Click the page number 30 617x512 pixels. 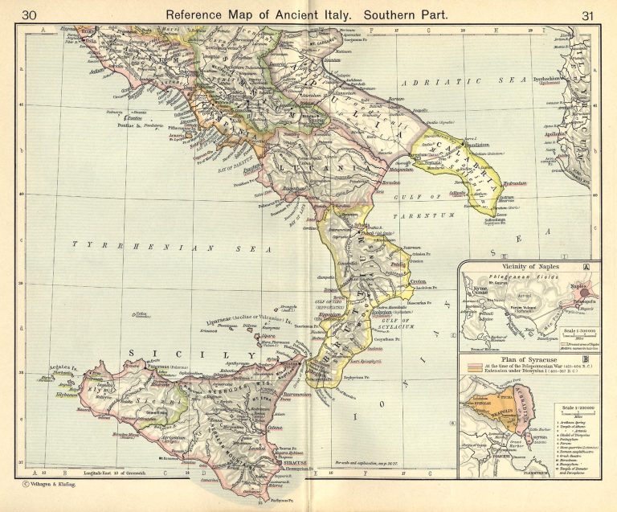(31, 14)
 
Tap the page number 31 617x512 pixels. (586, 14)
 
